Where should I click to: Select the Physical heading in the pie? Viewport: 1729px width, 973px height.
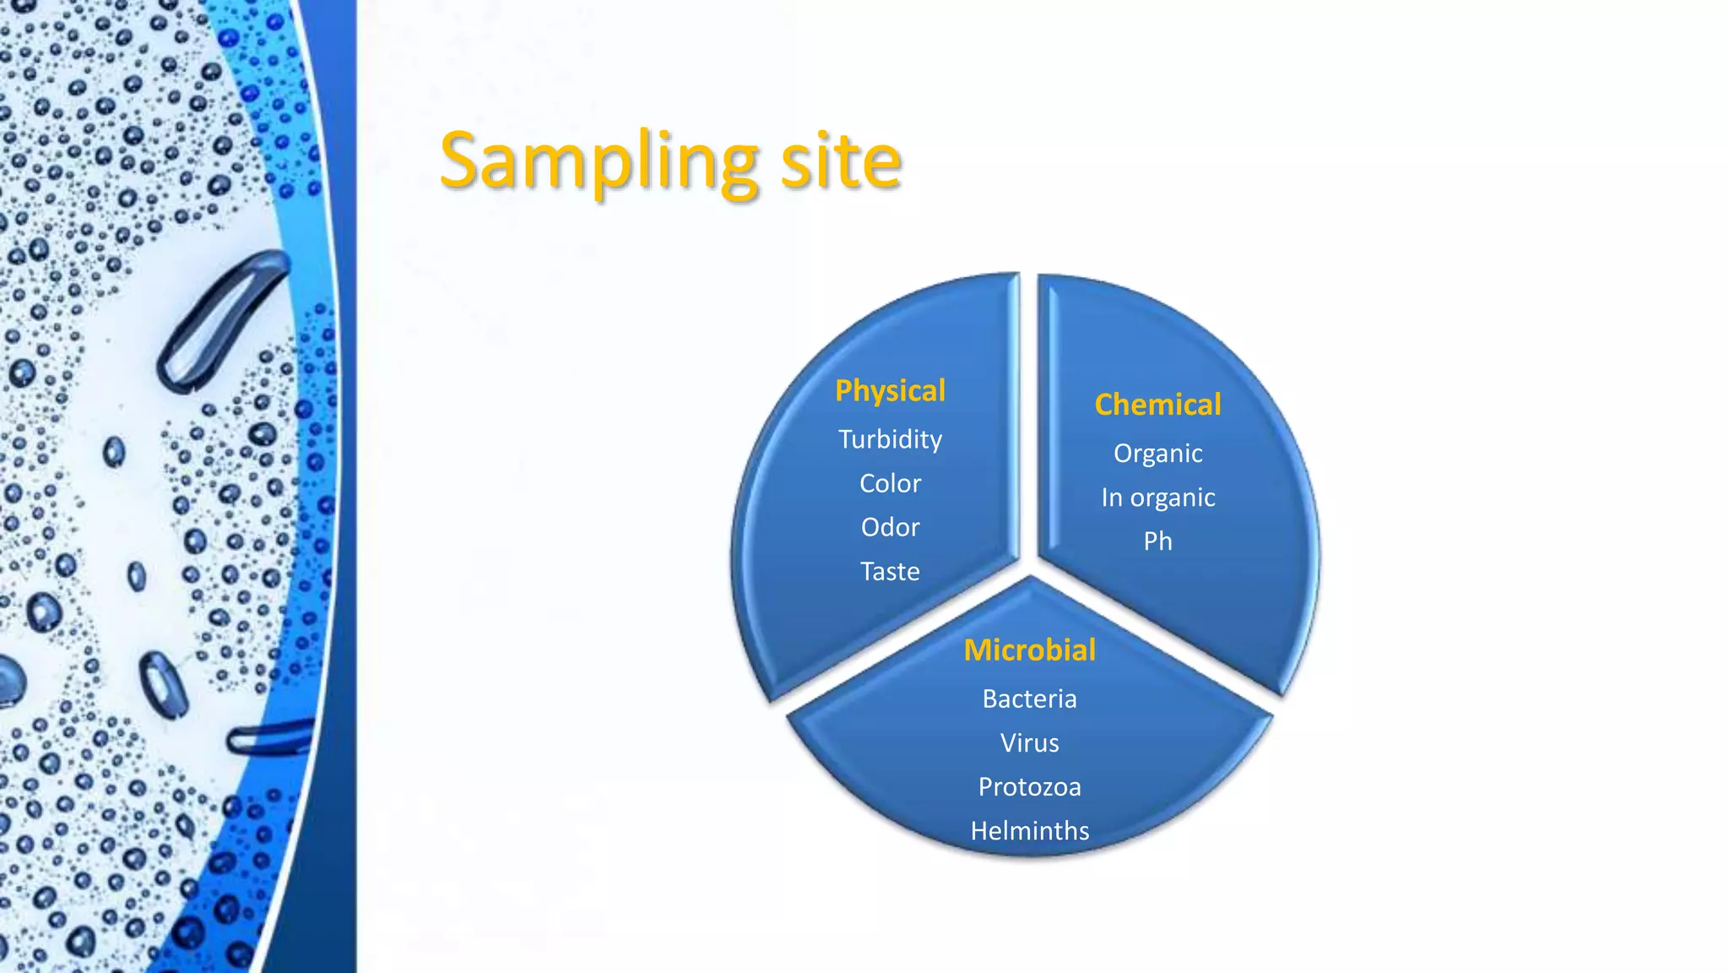pyautogui.click(x=890, y=391)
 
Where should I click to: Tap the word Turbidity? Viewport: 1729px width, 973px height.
pyautogui.click(x=890, y=439)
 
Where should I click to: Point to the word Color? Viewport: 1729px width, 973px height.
pyautogui.click(x=890, y=483)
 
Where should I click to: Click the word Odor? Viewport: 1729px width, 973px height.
pyautogui.click(x=890, y=527)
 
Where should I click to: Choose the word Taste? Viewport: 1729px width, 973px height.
pyautogui.click(x=890, y=572)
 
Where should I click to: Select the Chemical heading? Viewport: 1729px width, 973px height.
pyautogui.click(x=1157, y=405)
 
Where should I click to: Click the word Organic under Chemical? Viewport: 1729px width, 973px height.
pyautogui.click(x=1157, y=454)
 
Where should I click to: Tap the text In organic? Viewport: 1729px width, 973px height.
pyautogui.click(x=1157, y=497)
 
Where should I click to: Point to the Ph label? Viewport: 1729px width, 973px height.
pyautogui.click(x=1157, y=541)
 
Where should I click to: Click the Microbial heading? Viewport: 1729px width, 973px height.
pyautogui.click(x=1029, y=650)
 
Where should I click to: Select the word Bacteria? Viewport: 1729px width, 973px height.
pyautogui.click(x=1029, y=699)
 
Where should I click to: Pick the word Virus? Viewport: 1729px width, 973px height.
pyautogui.click(x=1029, y=743)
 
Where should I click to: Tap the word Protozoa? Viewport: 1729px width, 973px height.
pyautogui.click(x=1029, y=787)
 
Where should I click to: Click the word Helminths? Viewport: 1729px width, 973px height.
pyautogui.click(x=1029, y=831)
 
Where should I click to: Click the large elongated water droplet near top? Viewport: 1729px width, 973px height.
pyautogui.click(x=221, y=321)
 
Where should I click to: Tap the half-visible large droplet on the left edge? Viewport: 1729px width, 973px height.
pyautogui.click(x=10, y=681)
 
